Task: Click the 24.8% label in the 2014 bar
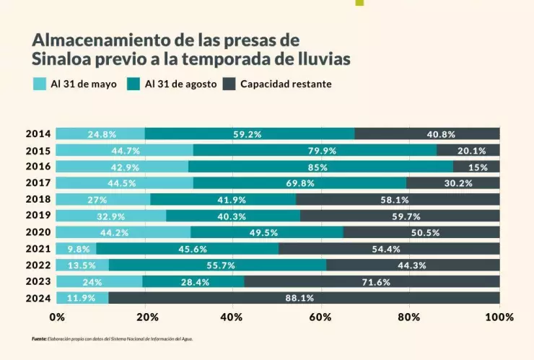[x=102, y=134]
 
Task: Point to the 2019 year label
[x=38, y=216]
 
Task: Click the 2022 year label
[x=38, y=265]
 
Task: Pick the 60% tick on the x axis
[x=320, y=317]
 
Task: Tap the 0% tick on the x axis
[x=57, y=317]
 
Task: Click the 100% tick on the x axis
[x=499, y=317]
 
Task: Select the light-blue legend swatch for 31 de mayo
[x=39, y=84]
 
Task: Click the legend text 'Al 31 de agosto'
[x=180, y=84]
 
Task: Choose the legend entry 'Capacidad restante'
[x=286, y=84]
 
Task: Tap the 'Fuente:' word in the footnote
[x=39, y=338]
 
